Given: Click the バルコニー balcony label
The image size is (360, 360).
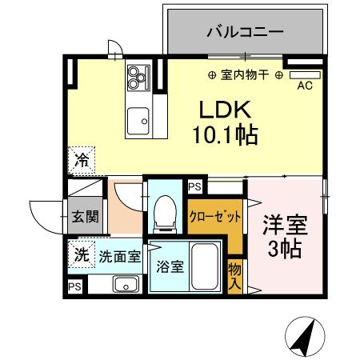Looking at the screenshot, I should click(x=245, y=33).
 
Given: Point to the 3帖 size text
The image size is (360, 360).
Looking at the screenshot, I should click(x=285, y=248).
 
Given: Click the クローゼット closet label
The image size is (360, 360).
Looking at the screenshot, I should click(x=214, y=216).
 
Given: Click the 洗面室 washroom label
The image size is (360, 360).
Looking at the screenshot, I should click(x=120, y=257).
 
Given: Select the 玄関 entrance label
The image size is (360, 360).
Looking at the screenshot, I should click(x=83, y=216).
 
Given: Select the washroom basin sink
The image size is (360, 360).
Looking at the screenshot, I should click(x=126, y=284).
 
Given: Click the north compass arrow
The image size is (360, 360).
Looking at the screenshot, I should click(x=304, y=337).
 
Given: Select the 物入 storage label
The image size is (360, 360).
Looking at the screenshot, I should click(x=234, y=273).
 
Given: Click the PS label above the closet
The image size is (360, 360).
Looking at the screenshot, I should click(x=195, y=186).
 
